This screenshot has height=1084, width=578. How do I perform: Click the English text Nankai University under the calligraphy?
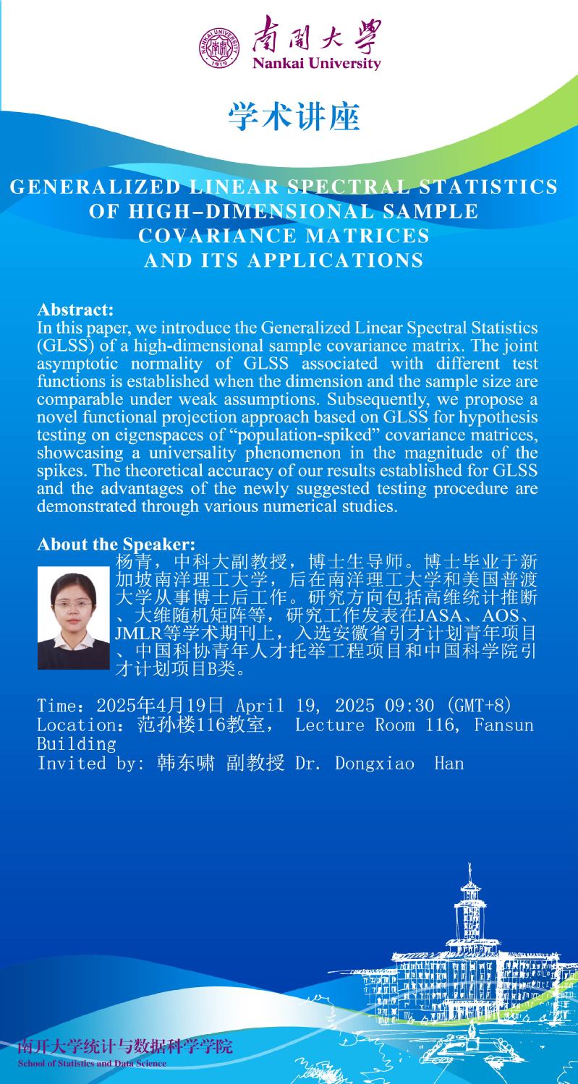[316, 64]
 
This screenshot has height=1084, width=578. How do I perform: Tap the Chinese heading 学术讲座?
[294, 117]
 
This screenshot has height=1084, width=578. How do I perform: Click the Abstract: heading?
[75, 310]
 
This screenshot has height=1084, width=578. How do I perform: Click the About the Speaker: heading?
[116, 544]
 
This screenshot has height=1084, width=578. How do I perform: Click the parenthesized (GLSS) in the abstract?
[65, 345]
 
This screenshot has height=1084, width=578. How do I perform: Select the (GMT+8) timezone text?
[480, 705]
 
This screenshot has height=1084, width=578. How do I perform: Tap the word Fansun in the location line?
[503, 725]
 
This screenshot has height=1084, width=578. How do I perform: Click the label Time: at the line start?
[65, 706]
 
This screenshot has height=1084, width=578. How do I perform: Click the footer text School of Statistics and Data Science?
[92, 1064]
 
